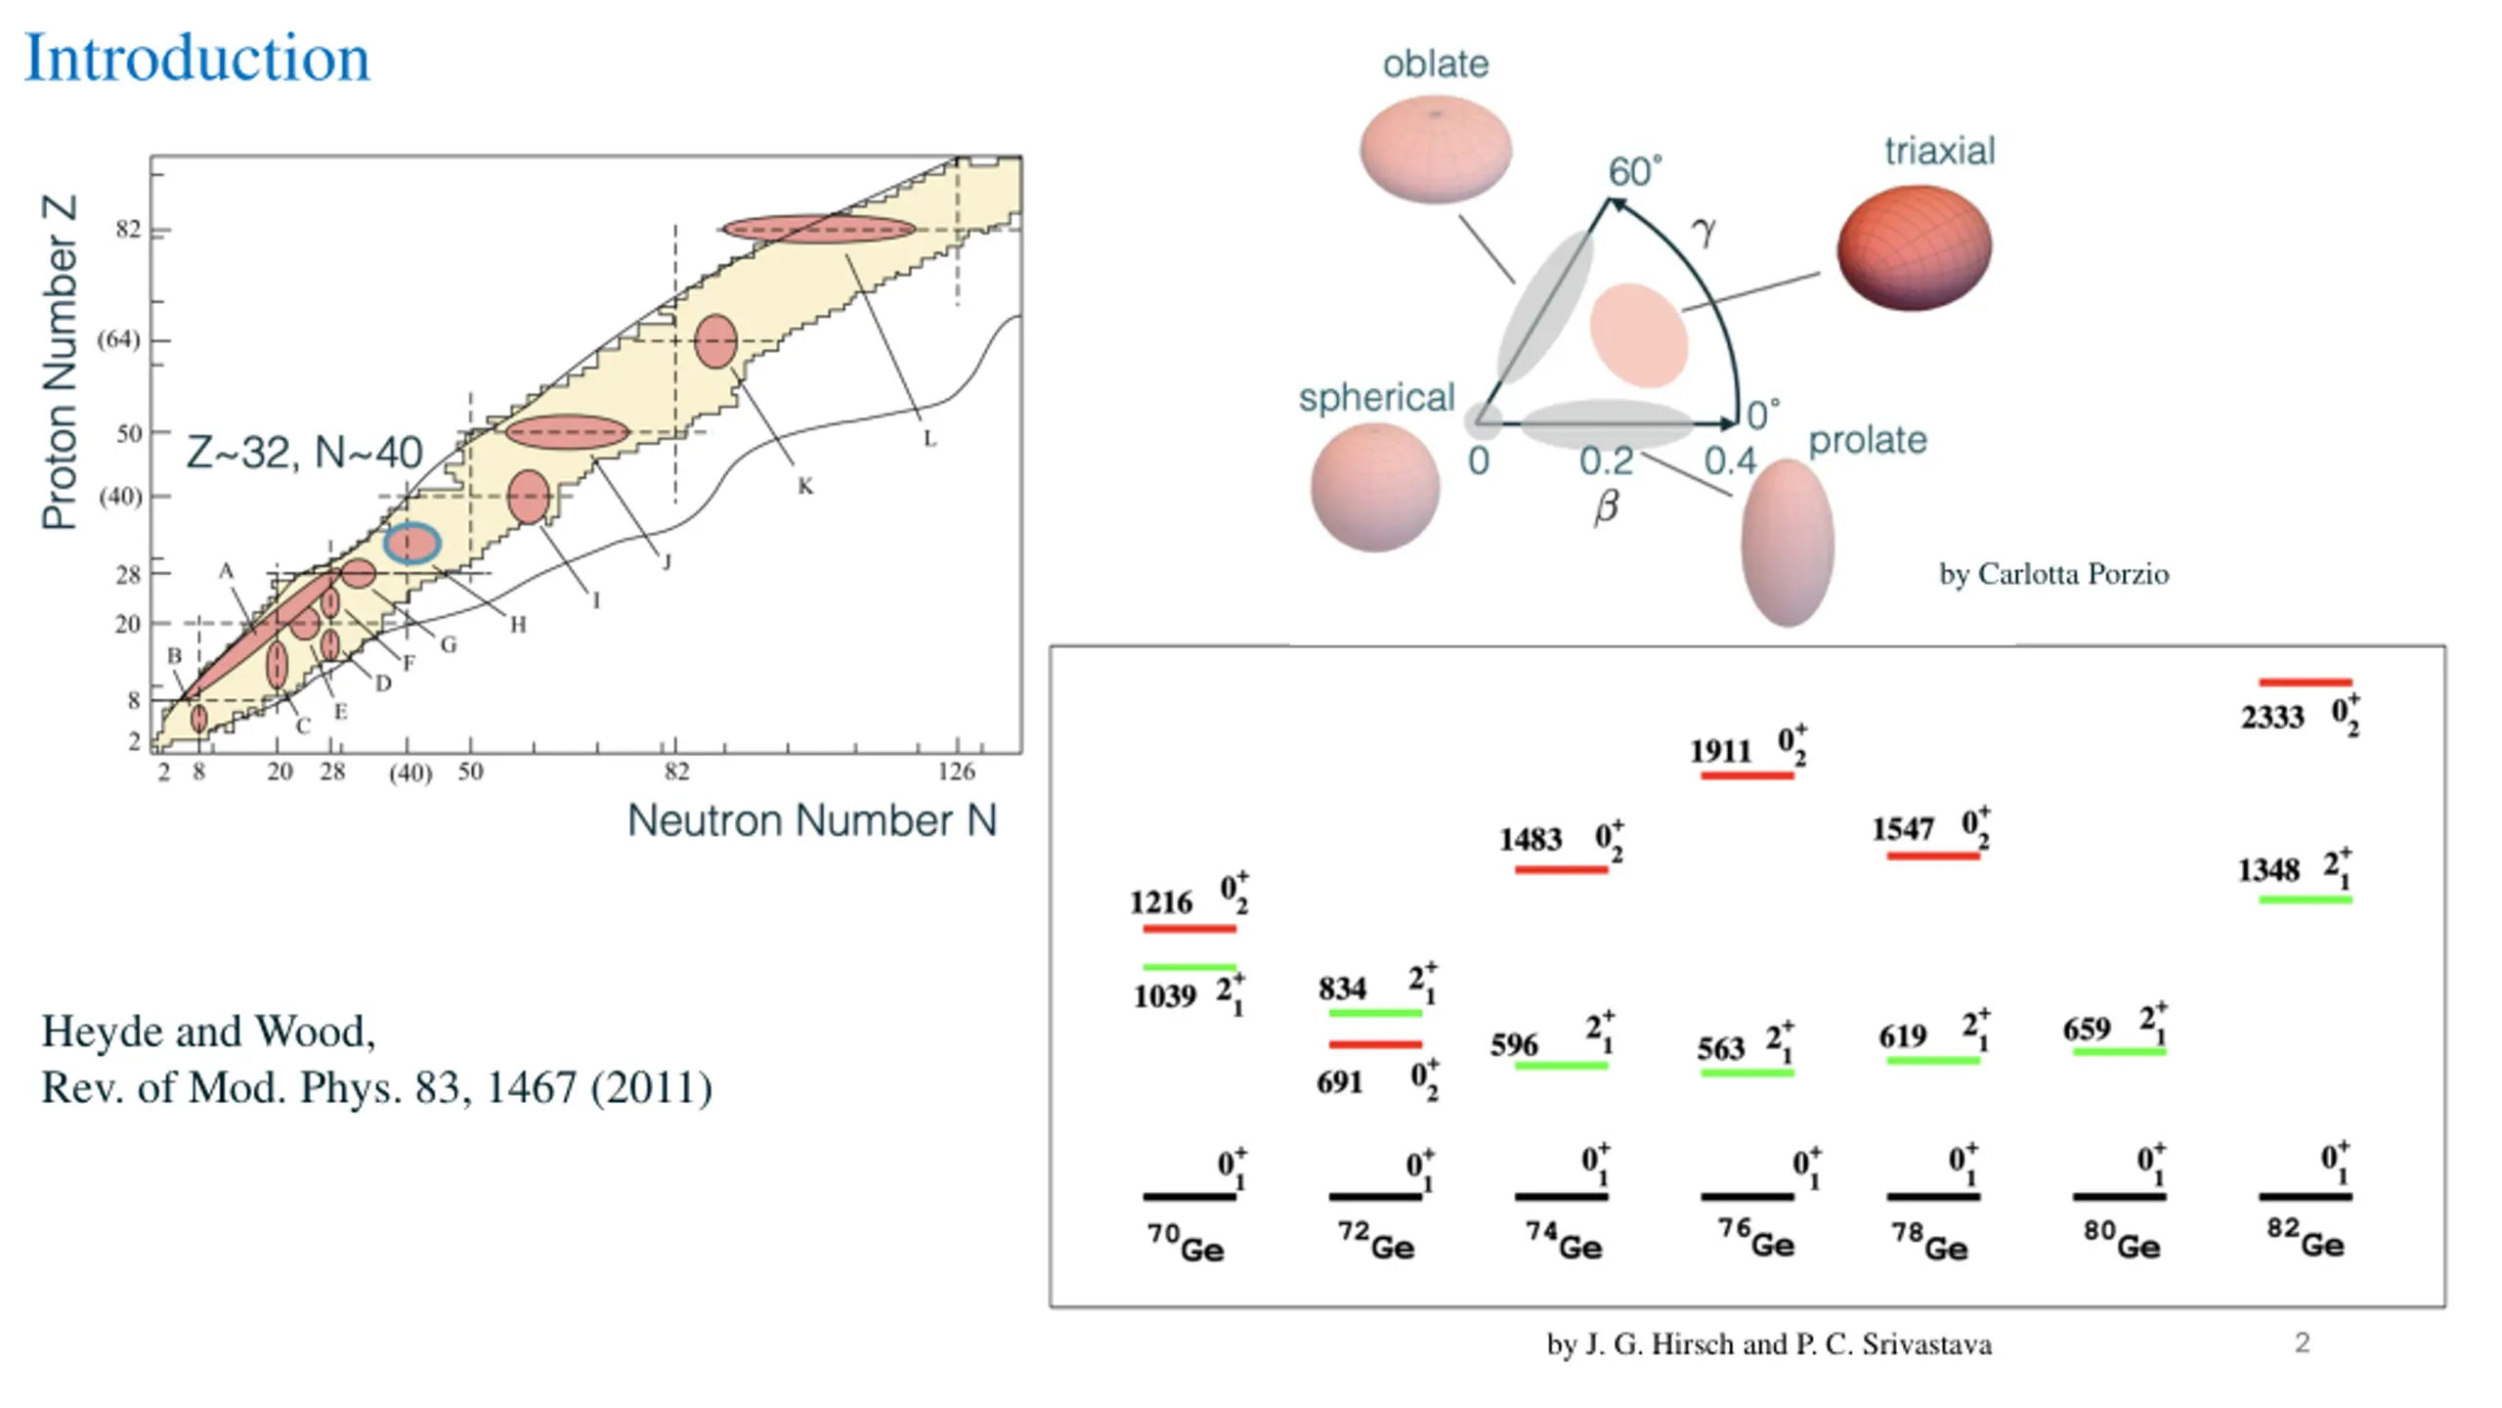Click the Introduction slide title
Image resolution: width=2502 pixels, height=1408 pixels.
point(196,59)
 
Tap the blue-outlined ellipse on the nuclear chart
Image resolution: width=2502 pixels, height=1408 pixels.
point(411,544)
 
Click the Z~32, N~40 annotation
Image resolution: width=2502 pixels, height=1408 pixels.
point(304,453)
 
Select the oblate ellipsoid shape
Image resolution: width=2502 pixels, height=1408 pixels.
point(1436,149)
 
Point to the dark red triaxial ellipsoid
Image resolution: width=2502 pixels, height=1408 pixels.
point(1914,247)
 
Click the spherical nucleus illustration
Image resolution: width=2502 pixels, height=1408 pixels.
point(1375,487)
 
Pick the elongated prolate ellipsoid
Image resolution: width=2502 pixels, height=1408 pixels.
point(1788,543)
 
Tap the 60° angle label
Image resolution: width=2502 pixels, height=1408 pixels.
point(1635,172)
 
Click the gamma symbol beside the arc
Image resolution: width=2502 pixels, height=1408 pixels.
point(1704,231)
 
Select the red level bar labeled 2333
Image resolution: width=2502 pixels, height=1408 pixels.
point(2306,682)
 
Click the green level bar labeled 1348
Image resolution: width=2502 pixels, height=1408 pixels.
point(2306,899)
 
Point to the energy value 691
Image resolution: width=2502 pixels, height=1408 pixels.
point(1339,1082)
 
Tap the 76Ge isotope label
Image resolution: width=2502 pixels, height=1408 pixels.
point(1756,1240)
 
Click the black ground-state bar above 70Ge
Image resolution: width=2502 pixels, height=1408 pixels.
point(1189,1196)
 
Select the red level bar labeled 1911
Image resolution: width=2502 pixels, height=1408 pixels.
point(1747,775)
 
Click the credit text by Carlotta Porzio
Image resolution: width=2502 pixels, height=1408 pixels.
point(2053,574)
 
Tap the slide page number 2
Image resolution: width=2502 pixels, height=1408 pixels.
point(2303,1342)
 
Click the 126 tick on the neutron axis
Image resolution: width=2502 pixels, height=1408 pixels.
point(956,771)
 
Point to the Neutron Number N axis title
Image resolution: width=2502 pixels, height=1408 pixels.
point(812,820)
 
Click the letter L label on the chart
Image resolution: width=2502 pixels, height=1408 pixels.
point(929,439)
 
